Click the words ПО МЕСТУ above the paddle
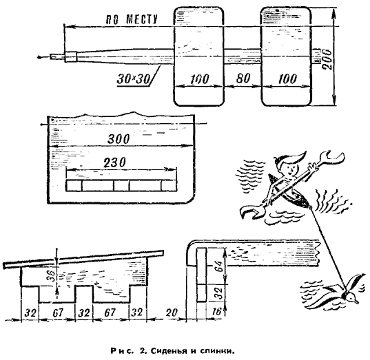pos(132,19)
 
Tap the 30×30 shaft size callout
pos(134,79)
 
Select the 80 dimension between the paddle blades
pos(243,78)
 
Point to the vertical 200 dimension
pos(327,59)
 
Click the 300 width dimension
pos(119,139)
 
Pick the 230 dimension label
pos(114,162)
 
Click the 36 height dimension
pos(52,275)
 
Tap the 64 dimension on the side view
pos(218,266)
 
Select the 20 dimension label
pos(172,313)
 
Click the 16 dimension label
pos(216,312)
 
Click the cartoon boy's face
pos(291,168)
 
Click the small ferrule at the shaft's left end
pos(70,57)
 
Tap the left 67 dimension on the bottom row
pos(58,313)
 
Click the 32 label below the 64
pos(218,293)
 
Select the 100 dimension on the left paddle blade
pos(199,79)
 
